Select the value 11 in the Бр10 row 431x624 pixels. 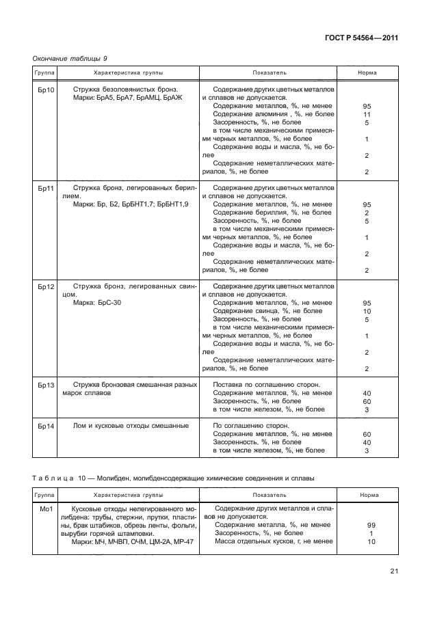367,115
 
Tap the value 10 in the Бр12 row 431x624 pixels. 367,311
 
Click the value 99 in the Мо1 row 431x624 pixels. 371,525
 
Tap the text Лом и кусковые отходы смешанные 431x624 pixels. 130,425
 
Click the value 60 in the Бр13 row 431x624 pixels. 367,401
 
